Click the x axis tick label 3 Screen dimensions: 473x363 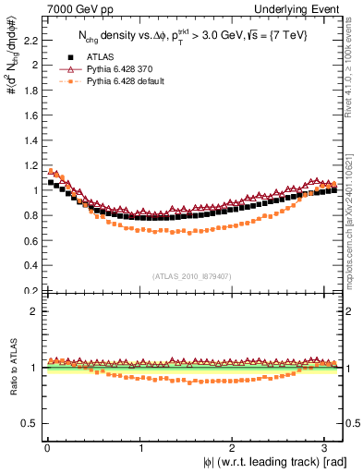[x=328, y=449]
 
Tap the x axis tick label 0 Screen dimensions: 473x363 [x=46, y=449]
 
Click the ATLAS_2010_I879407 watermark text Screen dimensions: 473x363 [x=192, y=275]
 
